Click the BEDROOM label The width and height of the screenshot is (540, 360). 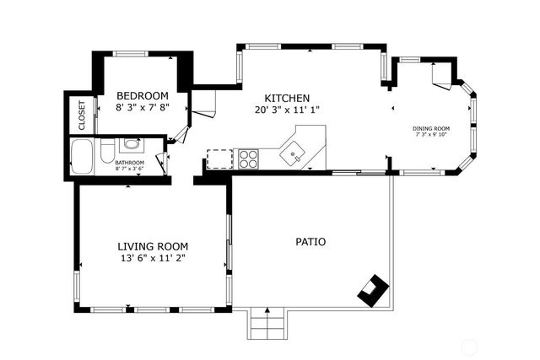(143, 95)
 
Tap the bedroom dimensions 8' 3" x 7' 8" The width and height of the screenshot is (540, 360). (143, 107)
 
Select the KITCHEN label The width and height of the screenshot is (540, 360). (287, 98)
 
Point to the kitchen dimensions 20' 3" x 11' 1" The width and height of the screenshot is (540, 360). (287, 110)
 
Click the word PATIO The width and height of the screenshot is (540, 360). (310, 242)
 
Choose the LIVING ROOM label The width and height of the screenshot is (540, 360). (152, 246)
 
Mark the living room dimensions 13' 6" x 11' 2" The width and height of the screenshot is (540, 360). (152, 258)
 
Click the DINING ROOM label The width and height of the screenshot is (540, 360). (431, 129)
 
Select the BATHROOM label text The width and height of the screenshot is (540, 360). (130, 163)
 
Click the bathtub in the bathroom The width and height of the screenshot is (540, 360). (83, 157)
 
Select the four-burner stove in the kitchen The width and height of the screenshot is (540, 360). (248, 158)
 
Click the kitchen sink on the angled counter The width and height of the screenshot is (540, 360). (294, 153)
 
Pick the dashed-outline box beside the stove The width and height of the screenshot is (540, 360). (219, 159)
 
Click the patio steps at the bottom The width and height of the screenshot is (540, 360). (266, 324)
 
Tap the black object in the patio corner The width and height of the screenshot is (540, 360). (372, 289)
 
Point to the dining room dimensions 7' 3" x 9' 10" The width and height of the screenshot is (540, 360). (431, 135)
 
